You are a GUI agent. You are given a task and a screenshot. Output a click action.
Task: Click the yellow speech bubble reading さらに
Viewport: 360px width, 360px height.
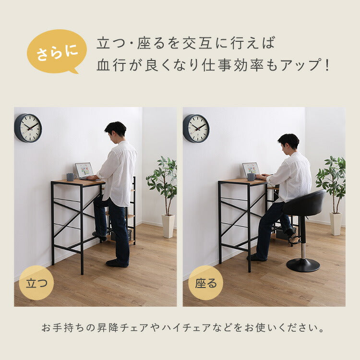pos(57,51)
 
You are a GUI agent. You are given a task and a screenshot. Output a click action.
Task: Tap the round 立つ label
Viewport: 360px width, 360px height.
pos(36,283)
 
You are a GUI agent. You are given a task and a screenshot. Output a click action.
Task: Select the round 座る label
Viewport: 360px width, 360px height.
pos(205,283)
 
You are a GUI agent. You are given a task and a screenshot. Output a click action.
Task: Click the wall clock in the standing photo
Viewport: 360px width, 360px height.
pos(28,128)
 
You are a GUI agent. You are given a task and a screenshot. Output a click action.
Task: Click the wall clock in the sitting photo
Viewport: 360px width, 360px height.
pos(196,128)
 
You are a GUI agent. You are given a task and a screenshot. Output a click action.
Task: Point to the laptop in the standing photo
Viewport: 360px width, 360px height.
pos(84,170)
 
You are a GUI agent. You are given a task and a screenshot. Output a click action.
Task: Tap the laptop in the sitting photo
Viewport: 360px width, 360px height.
pos(251,169)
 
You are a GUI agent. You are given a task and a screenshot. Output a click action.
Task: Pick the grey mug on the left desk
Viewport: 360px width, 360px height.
pos(70,177)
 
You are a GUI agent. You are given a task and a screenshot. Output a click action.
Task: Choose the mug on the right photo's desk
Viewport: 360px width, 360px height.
pos(251,177)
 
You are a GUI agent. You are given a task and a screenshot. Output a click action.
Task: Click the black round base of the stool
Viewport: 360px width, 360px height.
pos(303,265)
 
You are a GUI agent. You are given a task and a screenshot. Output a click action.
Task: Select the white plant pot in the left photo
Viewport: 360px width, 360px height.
pos(168,226)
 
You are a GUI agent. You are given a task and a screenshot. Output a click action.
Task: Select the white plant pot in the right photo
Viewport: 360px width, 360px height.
pos(336,224)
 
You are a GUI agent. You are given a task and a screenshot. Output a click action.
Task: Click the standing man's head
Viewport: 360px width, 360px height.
pos(116,130)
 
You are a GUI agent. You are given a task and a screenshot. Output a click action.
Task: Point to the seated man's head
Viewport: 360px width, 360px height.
pos(288,142)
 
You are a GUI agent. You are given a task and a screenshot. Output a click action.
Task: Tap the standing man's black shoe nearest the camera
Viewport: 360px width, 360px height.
pos(117,263)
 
